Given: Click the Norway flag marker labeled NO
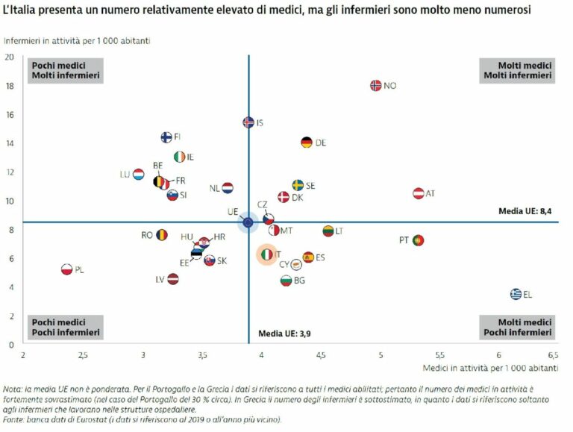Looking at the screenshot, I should pyautogui.click(x=376, y=85).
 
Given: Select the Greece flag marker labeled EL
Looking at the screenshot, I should pyautogui.click(x=516, y=294).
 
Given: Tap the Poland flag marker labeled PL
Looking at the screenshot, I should pyautogui.click(x=66, y=269).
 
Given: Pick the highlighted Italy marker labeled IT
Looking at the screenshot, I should pyautogui.click(x=266, y=254).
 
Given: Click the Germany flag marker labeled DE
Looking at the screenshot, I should pyautogui.click(x=306, y=143).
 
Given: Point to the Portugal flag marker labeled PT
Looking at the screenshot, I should pyautogui.click(x=418, y=240).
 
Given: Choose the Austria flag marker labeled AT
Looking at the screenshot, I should pyautogui.click(x=419, y=193).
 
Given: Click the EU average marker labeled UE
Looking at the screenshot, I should pyautogui.click(x=248, y=222).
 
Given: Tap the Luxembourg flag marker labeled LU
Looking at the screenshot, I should pyautogui.click(x=138, y=174).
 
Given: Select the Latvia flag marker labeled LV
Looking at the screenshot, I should pyautogui.click(x=173, y=279).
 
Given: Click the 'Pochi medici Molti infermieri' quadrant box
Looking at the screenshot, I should pyautogui.click(x=65, y=70).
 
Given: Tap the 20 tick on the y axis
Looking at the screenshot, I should pyautogui.click(x=10, y=57).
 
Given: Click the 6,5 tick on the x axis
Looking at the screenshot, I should pyautogui.click(x=553, y=356).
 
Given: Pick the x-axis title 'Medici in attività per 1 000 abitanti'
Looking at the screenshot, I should pyautogui.click(x=491, y=369).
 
